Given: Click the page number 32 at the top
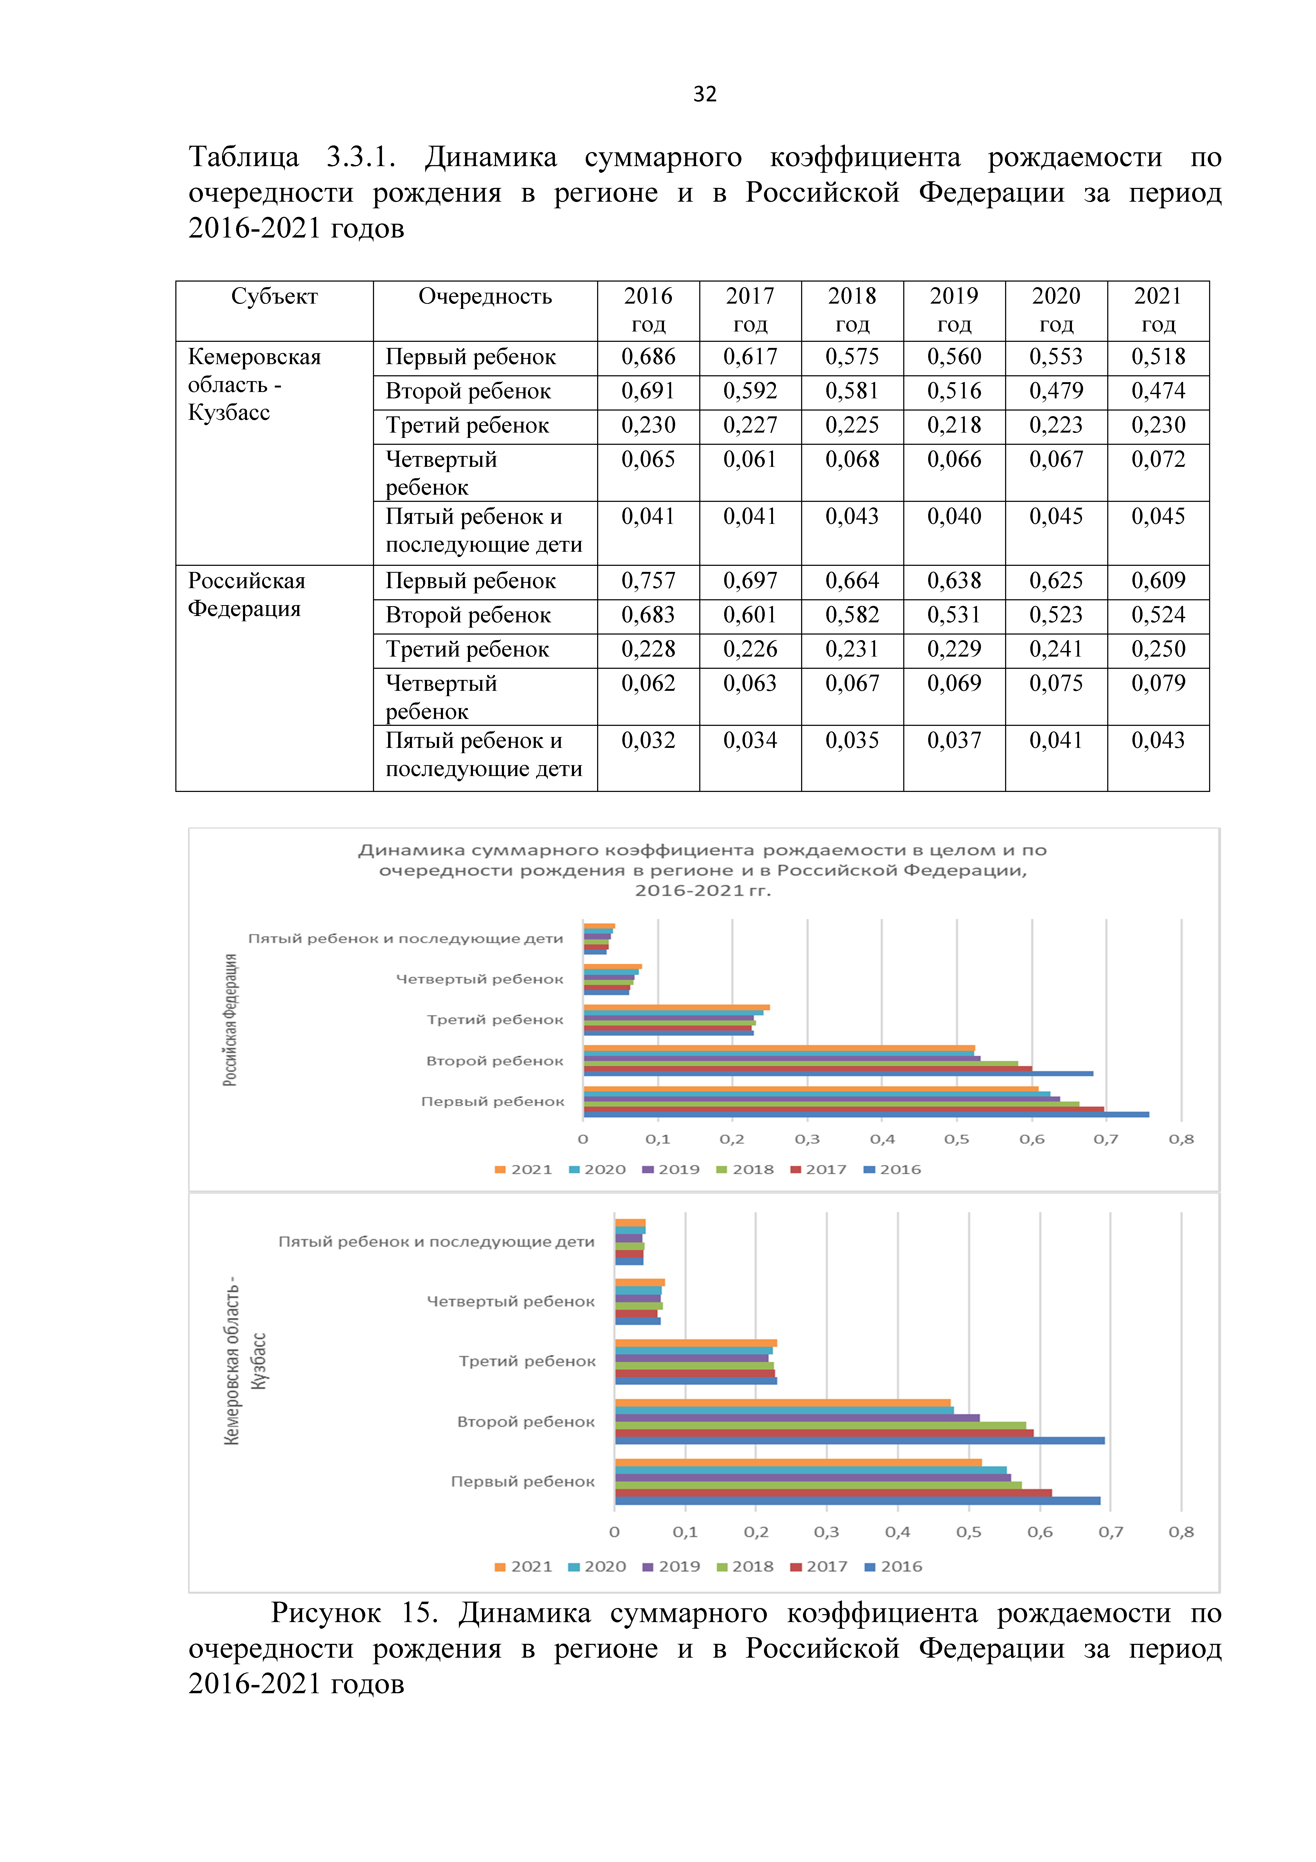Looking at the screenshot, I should [705, 94].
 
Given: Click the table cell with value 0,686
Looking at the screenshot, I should [648, 357].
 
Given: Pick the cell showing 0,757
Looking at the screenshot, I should [648, 581].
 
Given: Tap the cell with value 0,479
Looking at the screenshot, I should [1056, 391].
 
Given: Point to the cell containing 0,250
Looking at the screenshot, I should [1158, 649].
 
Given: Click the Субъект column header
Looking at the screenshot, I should [274, 297].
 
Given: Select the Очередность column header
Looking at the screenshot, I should [485, 297].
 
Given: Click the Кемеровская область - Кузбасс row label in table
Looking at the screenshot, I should [254, 384].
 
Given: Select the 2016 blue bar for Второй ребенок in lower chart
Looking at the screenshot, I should [859, 1440].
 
